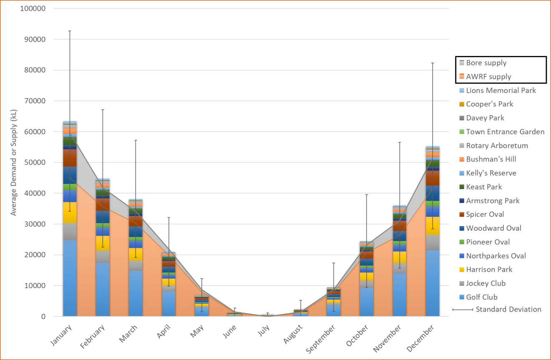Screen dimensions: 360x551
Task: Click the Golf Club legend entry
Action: [482, 297]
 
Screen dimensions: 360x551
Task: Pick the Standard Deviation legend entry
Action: [508, 310]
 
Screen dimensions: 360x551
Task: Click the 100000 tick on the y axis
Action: [33, 9]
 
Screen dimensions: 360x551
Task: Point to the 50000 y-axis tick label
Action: [34, 163]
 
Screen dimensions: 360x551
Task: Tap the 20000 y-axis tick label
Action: [34, 255]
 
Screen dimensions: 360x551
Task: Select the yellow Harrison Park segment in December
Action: [432, 226]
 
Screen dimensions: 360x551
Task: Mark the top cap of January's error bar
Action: [70, 31]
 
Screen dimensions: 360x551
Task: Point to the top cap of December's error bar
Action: [433, 63]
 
